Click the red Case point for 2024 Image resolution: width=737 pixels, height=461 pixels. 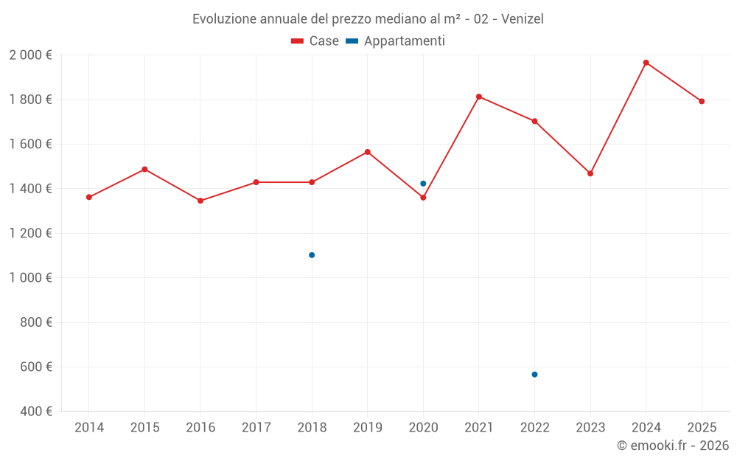click(x=646, y=63)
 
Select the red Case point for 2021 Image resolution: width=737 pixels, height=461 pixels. click(x=479, y=97)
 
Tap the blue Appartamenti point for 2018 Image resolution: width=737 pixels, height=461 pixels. click(x=312, y=255)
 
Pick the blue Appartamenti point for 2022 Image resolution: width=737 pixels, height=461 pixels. click(x=534, y=375)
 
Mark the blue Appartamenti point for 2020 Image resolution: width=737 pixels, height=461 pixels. click(x=423, y=184)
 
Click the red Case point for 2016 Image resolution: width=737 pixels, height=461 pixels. click(x=200, y=201)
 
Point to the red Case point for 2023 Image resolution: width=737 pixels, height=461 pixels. click(x=590, y=173)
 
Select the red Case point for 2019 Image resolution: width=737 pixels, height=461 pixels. click(x=368, y=152)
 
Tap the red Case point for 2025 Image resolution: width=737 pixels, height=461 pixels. click(x=702, y=101)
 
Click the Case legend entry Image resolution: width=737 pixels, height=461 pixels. click(x=315, y=41)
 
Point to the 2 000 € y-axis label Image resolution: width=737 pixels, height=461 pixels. click(x=30, y=55)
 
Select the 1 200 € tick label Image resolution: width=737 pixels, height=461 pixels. click(x=30, y=233)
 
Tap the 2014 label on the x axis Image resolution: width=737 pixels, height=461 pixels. click(x=89, y=428)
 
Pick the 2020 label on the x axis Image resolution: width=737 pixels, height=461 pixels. click(x=423, y=428)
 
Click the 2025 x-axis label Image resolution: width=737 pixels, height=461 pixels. click(x=702, y=428)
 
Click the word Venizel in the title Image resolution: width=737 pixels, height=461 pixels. click(x=522, y=19)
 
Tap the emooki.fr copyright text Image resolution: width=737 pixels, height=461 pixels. click(x=673, y=446)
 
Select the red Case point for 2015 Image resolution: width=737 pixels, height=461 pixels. click(x=144, y=169)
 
